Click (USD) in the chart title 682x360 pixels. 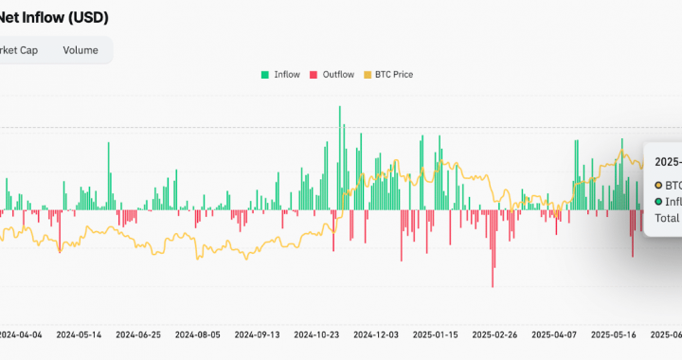(x=92, y=17)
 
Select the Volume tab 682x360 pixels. (x=81, y=50)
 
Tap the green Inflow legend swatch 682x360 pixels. (x=264, y=74)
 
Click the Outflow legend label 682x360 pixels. (x=338, y=74)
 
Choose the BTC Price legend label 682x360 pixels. (x=394, y=74)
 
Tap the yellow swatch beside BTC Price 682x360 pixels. (x=368, y=74)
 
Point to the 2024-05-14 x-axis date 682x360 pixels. (x=79, y=334)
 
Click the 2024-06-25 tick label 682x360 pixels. (x=138, y=334)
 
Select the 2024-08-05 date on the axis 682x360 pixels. (x=198, y=334)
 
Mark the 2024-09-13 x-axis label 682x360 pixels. (x=257, y=334)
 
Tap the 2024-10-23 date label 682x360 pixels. (x=316, y=334)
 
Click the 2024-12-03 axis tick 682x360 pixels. (x=376, y=334)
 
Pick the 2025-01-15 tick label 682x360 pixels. (x=435, y=334)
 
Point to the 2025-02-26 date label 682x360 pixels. (x=494, y=334)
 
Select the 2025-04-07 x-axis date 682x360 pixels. (x=554, y=334)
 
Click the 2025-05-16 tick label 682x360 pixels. (x=613, y=334)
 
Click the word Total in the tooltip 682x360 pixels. (x=669, y=218)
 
